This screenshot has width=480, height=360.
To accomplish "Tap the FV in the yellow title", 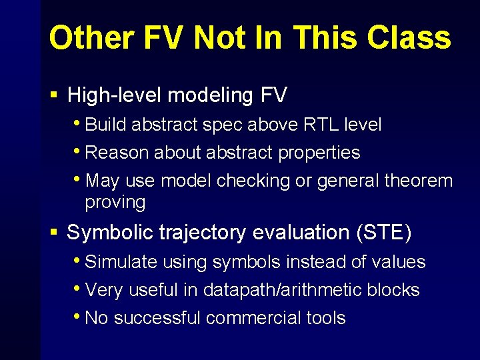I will pos(165,38).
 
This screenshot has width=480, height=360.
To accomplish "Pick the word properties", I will pos(319,153).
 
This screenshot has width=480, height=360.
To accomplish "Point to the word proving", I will pos(115,202).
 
